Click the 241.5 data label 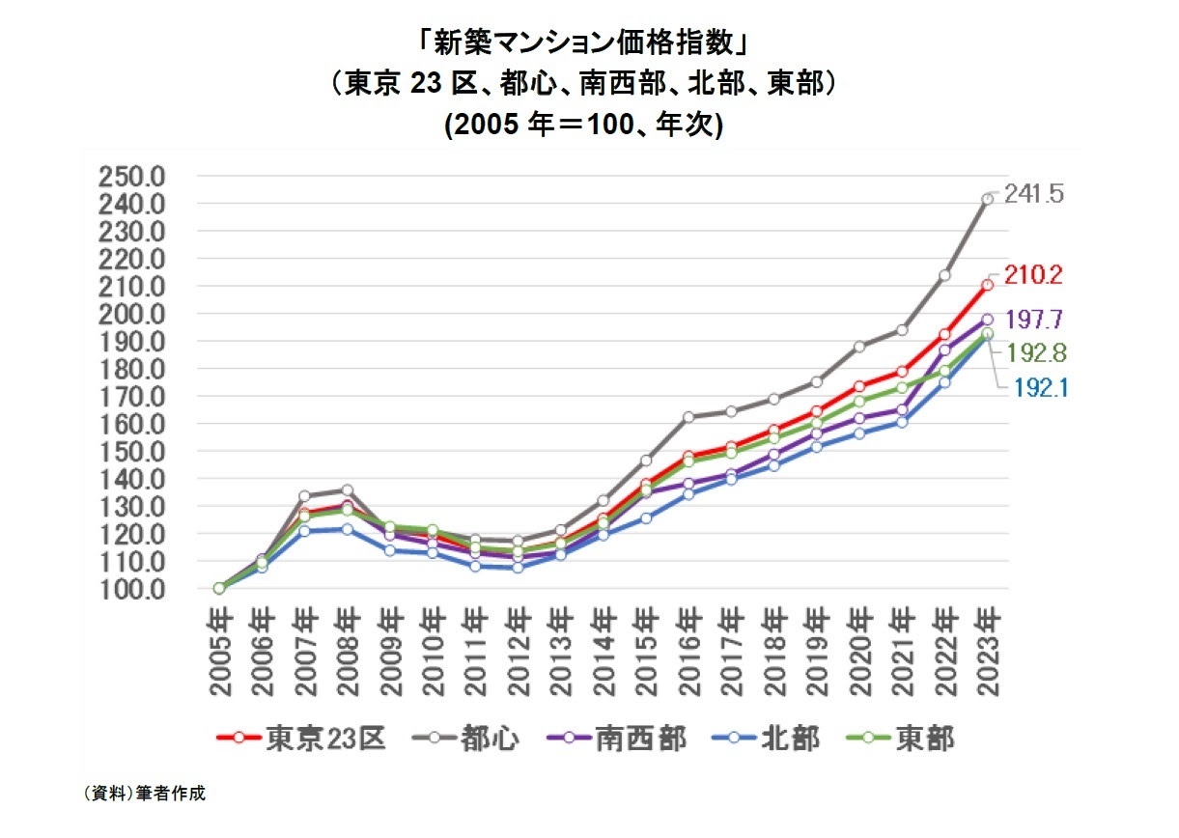(1033, 194)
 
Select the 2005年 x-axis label (219, 652)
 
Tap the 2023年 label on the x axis (988, 652)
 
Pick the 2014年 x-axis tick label (604, 652)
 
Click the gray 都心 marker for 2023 (988, 199)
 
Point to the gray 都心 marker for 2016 (688, 417)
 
